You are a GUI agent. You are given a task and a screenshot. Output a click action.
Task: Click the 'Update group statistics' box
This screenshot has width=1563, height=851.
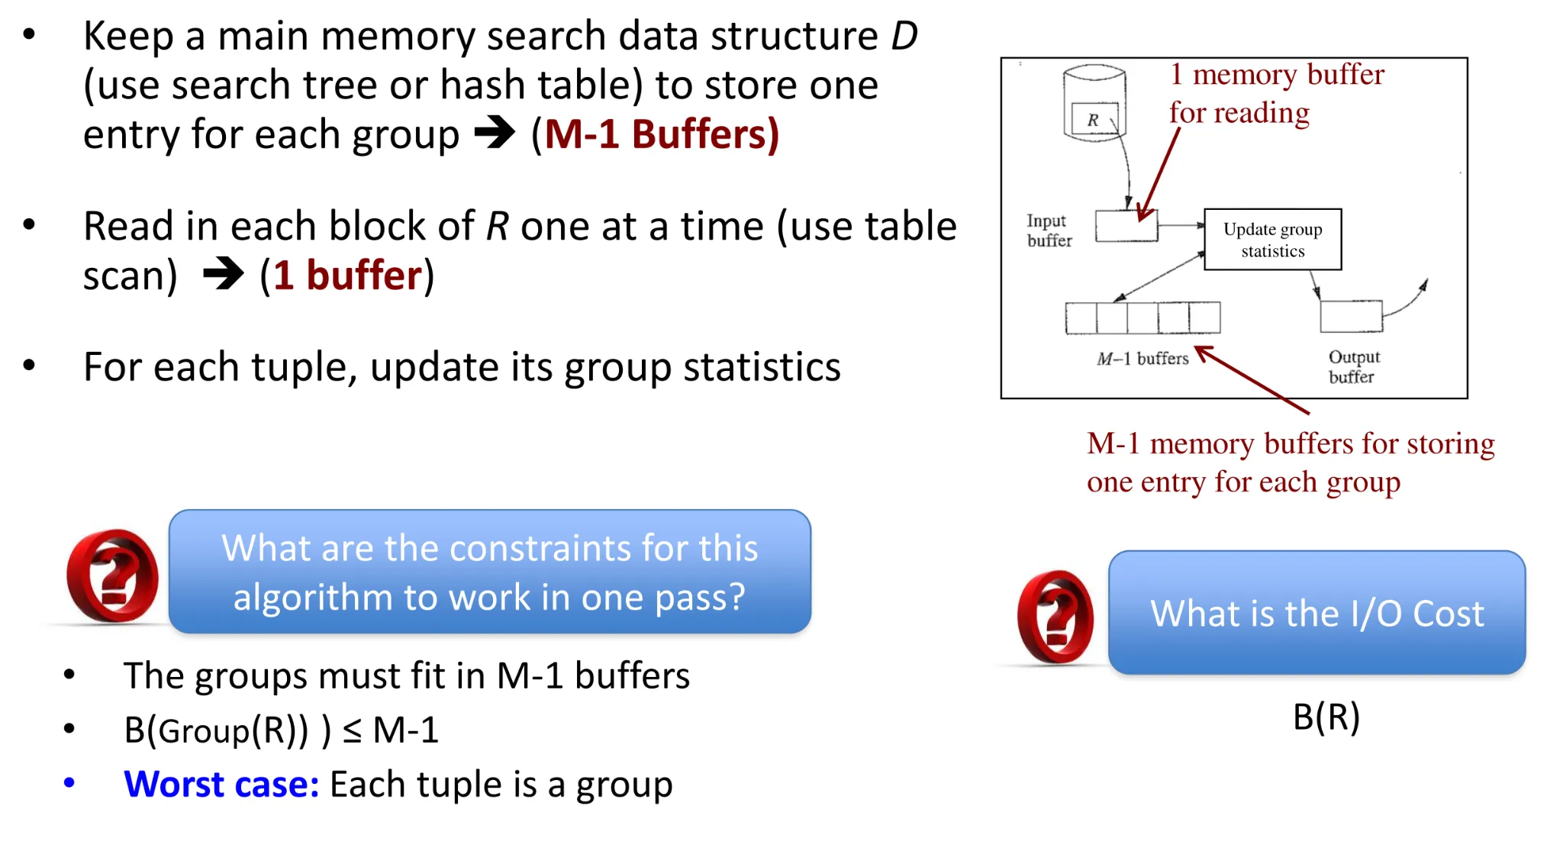pyautogui.click(x=1272, y=240)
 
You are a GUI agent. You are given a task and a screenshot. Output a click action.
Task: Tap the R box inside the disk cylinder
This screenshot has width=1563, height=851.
pyautogui.click(x=1094, y=119)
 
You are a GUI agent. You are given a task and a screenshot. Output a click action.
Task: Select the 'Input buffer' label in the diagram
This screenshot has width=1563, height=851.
pyautogui.click(x=1049, y=230)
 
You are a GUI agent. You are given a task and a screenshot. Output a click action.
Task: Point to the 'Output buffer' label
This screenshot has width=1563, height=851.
pyautogui.click(x=1354, y=366)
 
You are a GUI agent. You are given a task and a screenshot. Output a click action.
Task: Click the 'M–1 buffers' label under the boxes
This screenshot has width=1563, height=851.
pyautogui.click(x=1142, y=358)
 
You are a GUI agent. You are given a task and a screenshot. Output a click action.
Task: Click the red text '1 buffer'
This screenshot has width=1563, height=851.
pyautogui.click(x=348, y=275)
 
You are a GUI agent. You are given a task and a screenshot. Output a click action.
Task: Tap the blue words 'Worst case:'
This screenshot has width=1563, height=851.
pyautogui.click(x=221, y=784)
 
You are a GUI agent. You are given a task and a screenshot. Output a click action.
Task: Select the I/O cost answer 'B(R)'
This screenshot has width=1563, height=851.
pyautogui.click(x=1326, y=717)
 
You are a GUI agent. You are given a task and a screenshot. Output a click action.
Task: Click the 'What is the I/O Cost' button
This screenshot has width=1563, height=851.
pyautogui.click(x=1316, y=612)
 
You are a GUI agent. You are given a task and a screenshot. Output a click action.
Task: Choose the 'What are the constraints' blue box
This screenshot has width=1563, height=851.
pyautogui.click(x=489, y=571)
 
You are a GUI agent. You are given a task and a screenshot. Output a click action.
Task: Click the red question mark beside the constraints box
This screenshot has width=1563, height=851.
pyautogui.click(x=112, y=575)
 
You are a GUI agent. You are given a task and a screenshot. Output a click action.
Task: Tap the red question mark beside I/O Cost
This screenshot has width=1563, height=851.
pyautogui.click(x=1055, y=616)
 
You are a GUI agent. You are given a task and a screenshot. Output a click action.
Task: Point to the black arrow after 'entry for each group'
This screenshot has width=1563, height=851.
pyautogui.click(x=495, y=133)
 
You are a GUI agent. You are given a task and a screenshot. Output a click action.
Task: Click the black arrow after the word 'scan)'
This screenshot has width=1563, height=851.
pyautogui.click(x=224, y=274)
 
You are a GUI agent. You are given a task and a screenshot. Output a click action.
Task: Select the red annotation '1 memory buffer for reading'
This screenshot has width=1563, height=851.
pyautogui.click(x=1276, y=93)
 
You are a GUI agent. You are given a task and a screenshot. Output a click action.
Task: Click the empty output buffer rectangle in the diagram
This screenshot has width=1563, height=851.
pyautogui.click(x=1351, y=316)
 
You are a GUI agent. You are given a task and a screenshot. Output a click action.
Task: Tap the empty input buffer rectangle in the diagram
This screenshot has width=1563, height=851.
pyautogui.click(x=1126, y=226)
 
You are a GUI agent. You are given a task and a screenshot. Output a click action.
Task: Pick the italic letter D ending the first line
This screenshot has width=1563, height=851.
pyautogui.click(x=904, y=36)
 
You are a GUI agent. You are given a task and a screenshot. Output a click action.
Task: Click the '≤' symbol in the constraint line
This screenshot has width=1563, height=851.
pyautogui.click(x=352, y=731)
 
